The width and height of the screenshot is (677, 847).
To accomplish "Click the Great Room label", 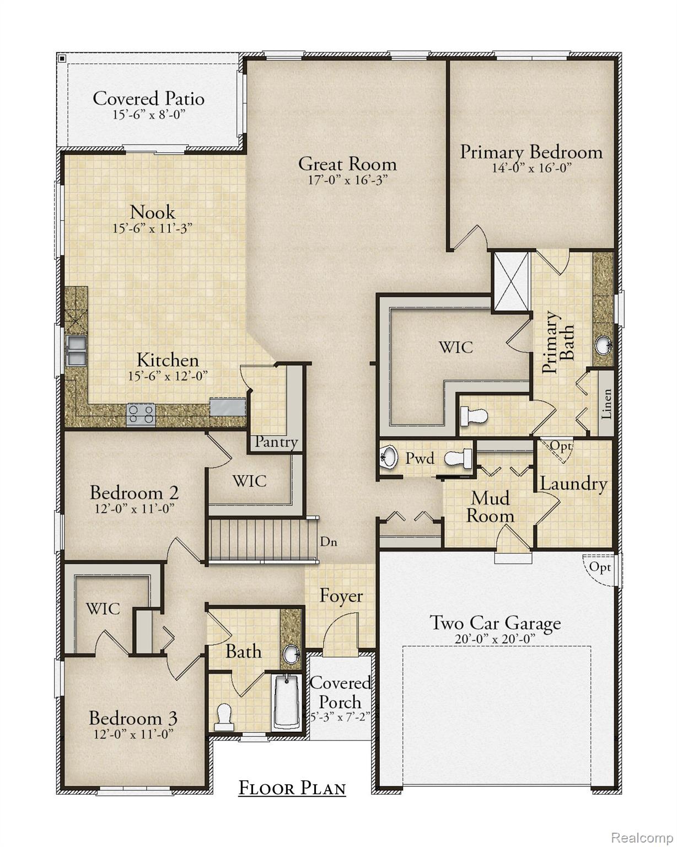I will tap(347, 164).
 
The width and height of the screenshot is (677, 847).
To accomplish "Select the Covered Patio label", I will tap(148, 99).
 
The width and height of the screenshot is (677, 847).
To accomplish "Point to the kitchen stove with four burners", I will tap(141, 414).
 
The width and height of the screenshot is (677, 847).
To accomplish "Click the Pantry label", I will tap(276, 442).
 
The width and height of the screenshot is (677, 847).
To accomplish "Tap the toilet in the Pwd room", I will tap(459, 457).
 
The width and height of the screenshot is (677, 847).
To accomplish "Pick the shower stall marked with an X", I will tap(512, 281).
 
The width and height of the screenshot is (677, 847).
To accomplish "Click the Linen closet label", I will tap(606, 404).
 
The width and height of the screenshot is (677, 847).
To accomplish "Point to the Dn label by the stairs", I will tap(329, 542).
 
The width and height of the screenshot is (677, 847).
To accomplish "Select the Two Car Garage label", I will tap(495, 623).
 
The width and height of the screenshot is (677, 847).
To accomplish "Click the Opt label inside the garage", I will tap(600, 566).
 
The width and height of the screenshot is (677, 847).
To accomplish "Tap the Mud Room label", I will tap(490, 507).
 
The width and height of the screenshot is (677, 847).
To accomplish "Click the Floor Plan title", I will tap(292, 788).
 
